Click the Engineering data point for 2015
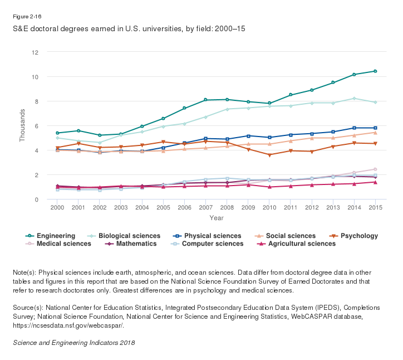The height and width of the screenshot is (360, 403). (x=375, y=71)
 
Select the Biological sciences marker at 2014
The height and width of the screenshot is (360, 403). (x=354, y=99)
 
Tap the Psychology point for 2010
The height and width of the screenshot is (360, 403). (x=269, y=155)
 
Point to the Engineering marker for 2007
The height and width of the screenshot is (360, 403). (x=205, y=100)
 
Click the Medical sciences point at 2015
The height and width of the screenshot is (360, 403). (x=375, y=169)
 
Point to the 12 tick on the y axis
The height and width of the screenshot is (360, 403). (x=35, y=52)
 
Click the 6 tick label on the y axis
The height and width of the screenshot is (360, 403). (x=37, y=126)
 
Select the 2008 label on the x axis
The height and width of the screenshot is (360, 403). (x=227, y=208)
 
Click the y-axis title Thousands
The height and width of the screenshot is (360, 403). (x=23, y=126)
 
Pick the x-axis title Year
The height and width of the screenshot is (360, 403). (x=217, y=217)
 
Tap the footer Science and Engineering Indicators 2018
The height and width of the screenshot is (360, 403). (x=73, y=342)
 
